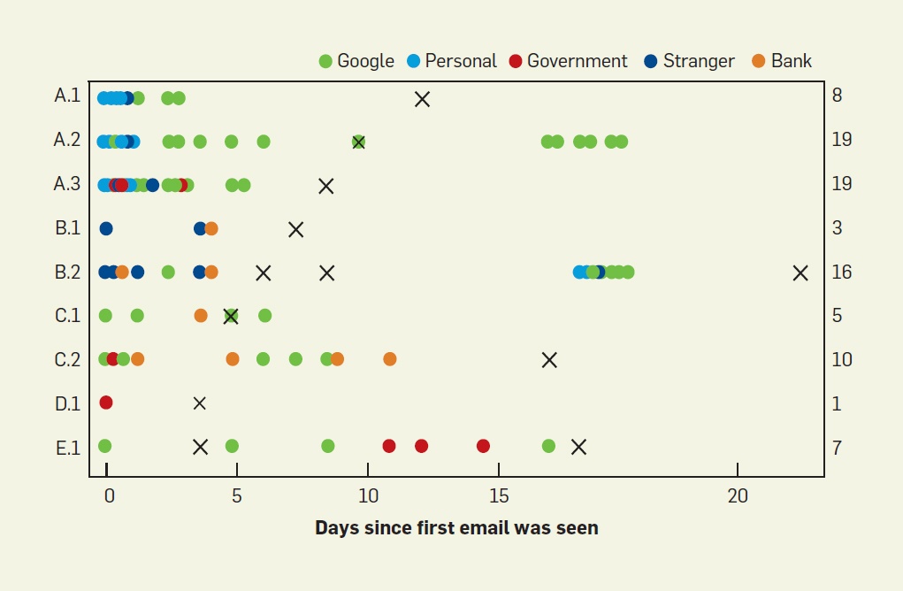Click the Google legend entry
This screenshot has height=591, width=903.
pyautogui.click(x=356, y=61)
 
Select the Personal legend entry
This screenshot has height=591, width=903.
pyautogui.click(x=452, y=61)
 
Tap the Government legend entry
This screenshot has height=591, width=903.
pyautogui.click(x=568, y=61)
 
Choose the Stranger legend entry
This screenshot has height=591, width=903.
pyautogui.click(x=690, y=61)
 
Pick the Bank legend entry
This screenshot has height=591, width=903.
pyautogui.click(x=782, y=61)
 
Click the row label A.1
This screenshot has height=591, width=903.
pyautogui.click(x=67, y=96)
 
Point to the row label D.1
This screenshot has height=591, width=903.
pyautogui.click(x=67, y=403)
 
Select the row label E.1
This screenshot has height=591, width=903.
pyautogui.click(x=68, y=448)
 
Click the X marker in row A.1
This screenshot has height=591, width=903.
pyautogui.click(x=422, y=98)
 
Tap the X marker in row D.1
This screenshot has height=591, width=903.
pyautogui.click(x=200, y=403)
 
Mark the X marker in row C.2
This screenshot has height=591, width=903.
pyautogui.click(x=549, y=359)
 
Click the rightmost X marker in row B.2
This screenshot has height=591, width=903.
pyautogui.click(x=800, y=272)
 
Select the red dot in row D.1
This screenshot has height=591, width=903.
pyautogui.click(x=106, y=403)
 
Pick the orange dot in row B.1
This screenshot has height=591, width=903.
pyautogui.click(x=211, y=229)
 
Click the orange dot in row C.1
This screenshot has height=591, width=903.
pyautogui.click(x=201, y=316)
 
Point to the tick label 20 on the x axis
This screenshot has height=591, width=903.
pyautogui.click(x=738, y=496)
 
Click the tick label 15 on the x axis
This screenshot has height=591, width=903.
pyautogui.click(x=499, y=496)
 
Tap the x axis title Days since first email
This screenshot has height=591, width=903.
pyautogui.click(x=456, y=528)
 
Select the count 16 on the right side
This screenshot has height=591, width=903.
pyautogui.click(x=842, y=272)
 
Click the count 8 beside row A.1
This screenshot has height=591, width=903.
pyautogui.click(x=837, y=96)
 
